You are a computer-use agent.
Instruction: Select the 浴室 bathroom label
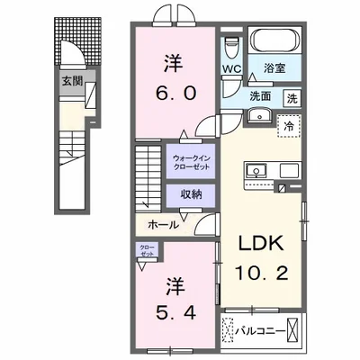click(x=274, y=67)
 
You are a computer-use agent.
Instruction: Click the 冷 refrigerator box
click(x=290, y=126)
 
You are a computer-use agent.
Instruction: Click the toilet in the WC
click(x=231, y=45)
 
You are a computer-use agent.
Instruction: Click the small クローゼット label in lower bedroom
click(x=146, y=249)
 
